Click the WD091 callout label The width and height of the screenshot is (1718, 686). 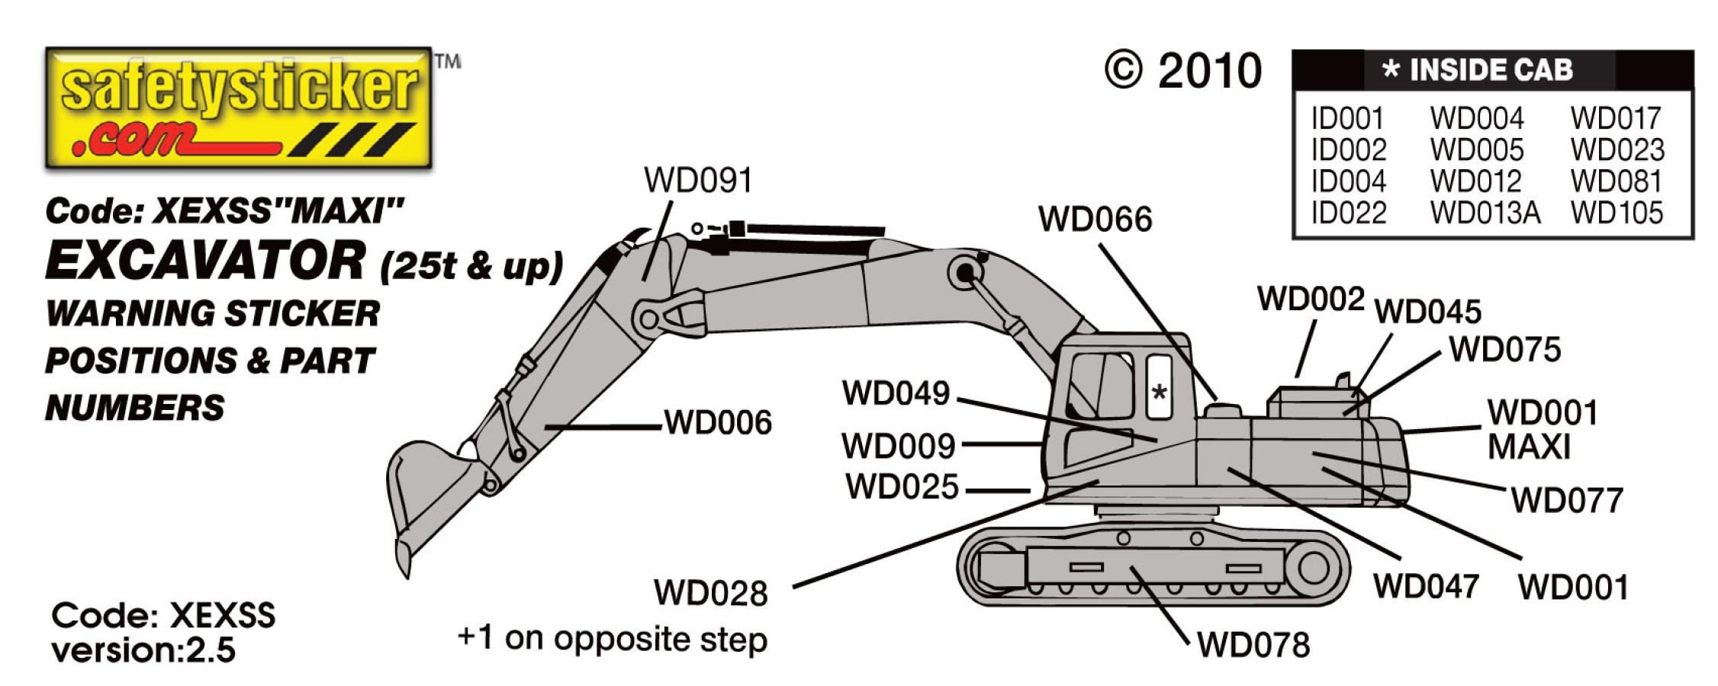pyautogui.click(x=698, y=181)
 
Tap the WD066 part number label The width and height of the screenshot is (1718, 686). pyautogui.click(x=1095, y=220)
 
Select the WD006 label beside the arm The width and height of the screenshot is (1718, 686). pyautogui.click(x=718, y=422)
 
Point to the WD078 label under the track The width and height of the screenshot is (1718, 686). pyautogui.click(x=1253, y=645)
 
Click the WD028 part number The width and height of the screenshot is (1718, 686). pyautogui.click(x=710, y=594)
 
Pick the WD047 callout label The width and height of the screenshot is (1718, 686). pyautogui.click(x=1426, y=587)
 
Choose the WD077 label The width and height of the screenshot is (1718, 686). pyautogui.click(x=1567, y=501)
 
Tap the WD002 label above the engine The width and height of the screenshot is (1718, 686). pyautogui.click(x=1311, y=299)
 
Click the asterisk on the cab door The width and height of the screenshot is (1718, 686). pyautogui.click(x=1159, y=393)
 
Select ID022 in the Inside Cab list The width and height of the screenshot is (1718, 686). pyautogui.click(x=1348, y=213)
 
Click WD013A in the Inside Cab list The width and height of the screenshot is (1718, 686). pyautogui.click(x=1485, y=213)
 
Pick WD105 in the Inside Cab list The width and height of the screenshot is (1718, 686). pyautogui.click(x=1617, y=213)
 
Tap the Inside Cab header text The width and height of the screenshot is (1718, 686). pyautogui.click(x=1478, y=70)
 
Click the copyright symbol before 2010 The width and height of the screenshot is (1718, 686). pyautogui.click(x=1123, y=71)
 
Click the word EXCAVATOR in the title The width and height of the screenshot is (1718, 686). pyautogui.click(x=206, y=261)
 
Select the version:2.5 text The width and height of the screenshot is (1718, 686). pyautogui.click(x=143, y=650)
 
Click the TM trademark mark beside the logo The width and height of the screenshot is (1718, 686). pyautogui.click(x=448, y=60)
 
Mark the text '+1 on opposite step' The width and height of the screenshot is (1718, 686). pyautogui.click(x=612, y=639)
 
